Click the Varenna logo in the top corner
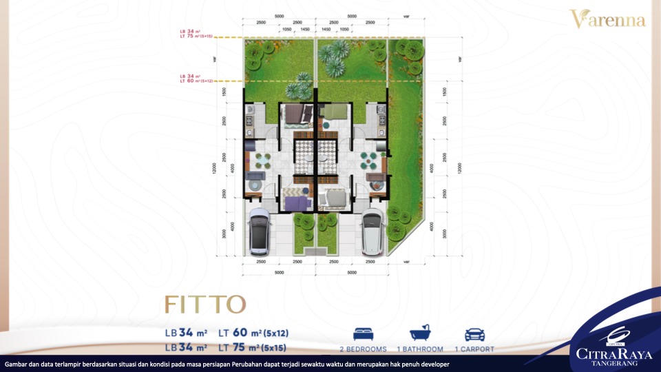(607, 19)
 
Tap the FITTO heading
(204, 303)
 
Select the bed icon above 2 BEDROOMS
(363, 335)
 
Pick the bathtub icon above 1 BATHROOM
(420, 335)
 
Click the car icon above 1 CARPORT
(474, 335)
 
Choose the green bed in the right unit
(336, 112)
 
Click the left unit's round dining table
(262, 160)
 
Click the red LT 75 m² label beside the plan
(196, 37)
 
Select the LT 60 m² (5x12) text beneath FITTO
(252, 333)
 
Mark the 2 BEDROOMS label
(363, 349)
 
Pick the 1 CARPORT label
(474, 349)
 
